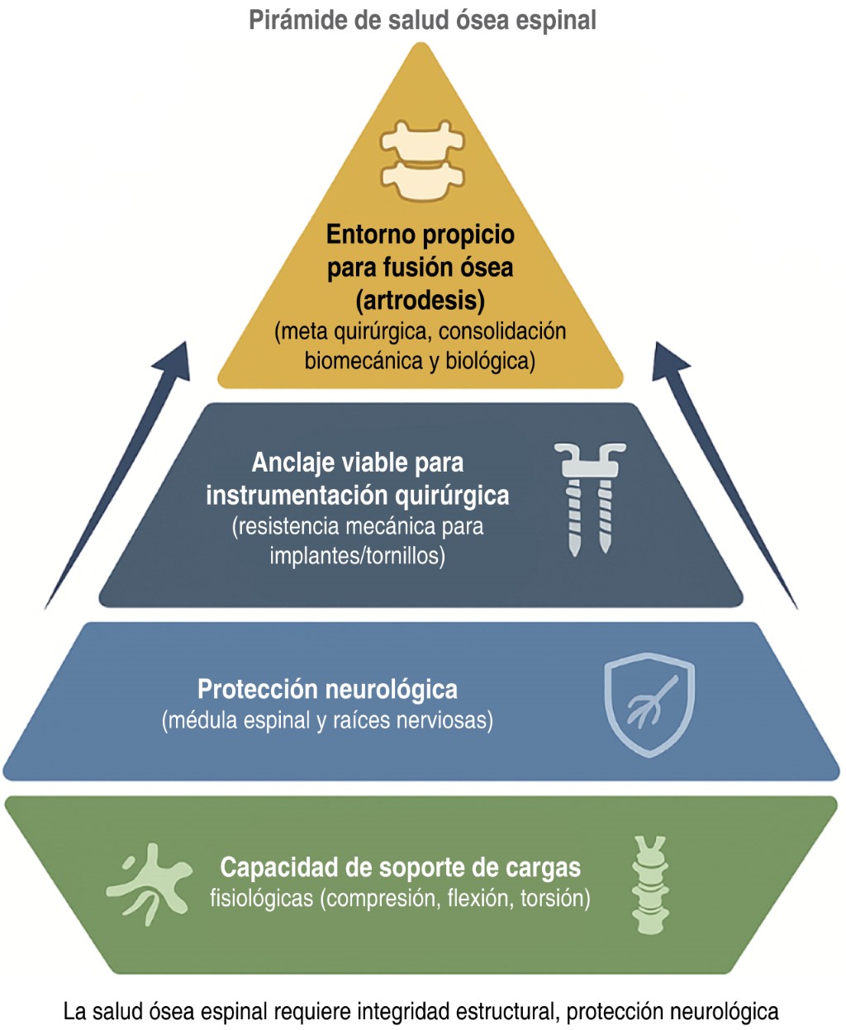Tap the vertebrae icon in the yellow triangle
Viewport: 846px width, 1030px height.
[x=422, y=162]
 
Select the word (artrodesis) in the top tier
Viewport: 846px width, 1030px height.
[x=421, y=299]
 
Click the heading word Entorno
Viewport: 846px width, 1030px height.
[x=364, y=235]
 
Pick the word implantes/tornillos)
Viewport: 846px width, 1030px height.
[x=357, y=556]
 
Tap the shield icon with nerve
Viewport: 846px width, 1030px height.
[x=649, y=704]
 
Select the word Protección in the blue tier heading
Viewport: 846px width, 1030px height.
[x=259, y=689]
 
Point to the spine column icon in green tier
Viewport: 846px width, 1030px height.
[x=649, y=885]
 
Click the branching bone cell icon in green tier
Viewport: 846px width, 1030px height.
[x=149, y=882]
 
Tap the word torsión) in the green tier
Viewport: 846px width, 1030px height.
[x=555, y=898]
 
